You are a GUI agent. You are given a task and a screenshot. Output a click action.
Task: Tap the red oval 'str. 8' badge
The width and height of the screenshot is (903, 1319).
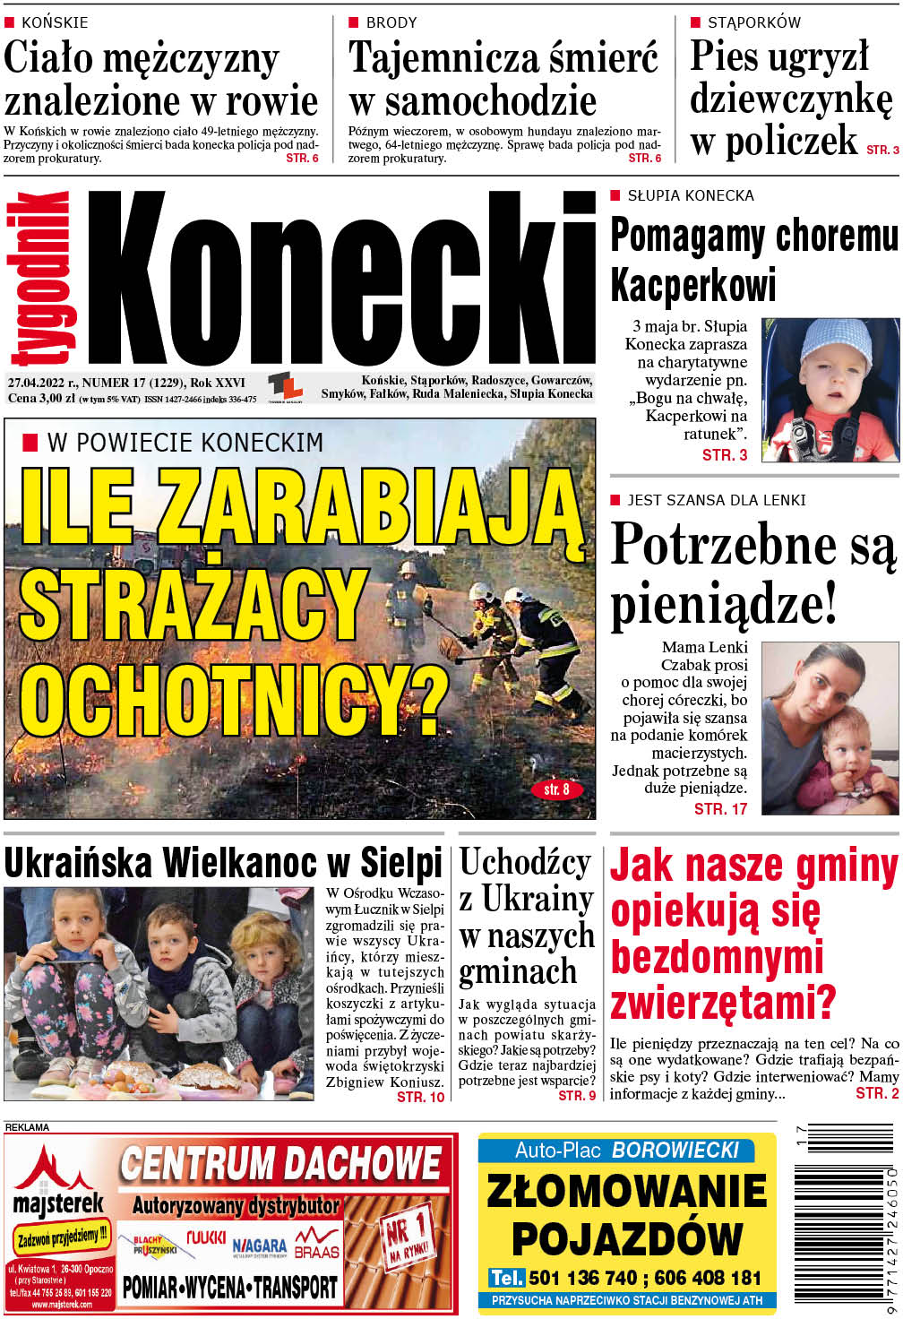556,789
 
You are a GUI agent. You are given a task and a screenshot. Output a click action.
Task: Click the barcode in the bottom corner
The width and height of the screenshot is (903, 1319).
845,1231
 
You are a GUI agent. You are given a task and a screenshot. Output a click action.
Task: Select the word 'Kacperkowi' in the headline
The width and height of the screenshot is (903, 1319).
692,286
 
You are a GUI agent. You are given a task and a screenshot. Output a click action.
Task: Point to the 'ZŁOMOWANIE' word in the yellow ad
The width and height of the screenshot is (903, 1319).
627,1191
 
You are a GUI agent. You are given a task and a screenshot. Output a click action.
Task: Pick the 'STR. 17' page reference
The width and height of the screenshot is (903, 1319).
720,809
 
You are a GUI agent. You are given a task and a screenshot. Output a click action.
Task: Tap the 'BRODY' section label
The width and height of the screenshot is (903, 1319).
391,22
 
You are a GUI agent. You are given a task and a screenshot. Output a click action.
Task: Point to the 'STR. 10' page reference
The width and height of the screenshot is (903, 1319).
420,1097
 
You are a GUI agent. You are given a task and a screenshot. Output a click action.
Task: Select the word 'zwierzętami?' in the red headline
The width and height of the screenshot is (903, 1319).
723,1002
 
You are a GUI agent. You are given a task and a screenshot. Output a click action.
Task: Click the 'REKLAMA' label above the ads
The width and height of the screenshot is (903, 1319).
27,1127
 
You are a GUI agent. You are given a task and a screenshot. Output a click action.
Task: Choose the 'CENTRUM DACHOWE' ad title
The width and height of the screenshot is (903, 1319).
280,1164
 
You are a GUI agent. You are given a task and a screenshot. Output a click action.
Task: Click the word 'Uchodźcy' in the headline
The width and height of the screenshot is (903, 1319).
525,863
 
